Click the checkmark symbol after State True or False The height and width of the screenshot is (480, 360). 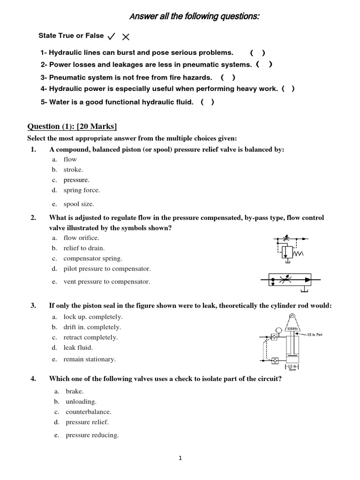tap(112, 36)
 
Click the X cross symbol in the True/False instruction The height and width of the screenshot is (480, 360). tap(126, 37)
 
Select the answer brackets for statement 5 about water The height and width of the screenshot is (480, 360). tap(207, 102)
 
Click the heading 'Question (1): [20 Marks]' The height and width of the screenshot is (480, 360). tap(72, 126)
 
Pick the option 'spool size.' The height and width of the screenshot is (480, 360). tap(79, 204)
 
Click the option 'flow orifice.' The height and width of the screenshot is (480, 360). tap(81, 238)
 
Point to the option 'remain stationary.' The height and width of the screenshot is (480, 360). tap(89, 359)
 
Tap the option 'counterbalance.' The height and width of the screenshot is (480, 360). tap(89, 412)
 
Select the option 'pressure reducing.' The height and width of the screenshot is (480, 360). tap(92, 435)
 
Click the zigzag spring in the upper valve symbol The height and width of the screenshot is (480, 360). tap(299, 254)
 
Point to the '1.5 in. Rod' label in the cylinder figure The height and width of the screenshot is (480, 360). tap(315, 335)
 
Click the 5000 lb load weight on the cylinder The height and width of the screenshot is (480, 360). tap(293, 329)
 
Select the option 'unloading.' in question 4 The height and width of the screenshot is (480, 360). tap(81, 401)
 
